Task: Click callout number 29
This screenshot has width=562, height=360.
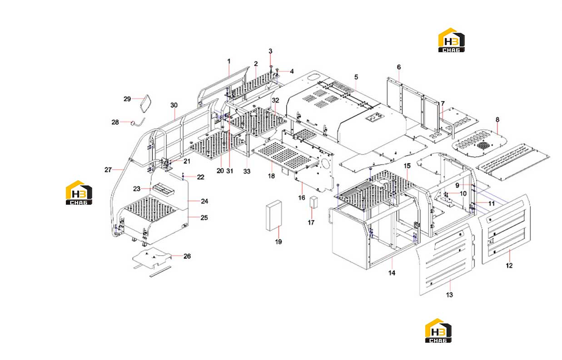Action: (127, 99)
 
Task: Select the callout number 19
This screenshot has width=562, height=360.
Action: (279, 242)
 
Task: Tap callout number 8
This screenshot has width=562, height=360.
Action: (497, 119)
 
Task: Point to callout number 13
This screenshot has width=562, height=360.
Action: (449, 295)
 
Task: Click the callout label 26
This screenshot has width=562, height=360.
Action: (187, 256)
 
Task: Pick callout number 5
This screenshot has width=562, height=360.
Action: (356, 77)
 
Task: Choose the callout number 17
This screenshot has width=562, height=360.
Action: (311, 222)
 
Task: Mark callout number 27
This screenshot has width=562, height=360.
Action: (108, 170)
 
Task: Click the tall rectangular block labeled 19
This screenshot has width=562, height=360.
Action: (274, 215)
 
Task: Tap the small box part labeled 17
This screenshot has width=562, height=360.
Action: (313, 202)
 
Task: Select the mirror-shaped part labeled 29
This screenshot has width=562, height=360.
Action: (145, 104)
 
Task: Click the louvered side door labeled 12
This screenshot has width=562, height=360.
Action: (506, 229)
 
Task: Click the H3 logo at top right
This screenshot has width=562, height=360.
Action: (451, 40)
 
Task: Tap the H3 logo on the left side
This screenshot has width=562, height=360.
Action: (79, 192)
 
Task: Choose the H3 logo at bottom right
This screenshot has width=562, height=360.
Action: (438, 330)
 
